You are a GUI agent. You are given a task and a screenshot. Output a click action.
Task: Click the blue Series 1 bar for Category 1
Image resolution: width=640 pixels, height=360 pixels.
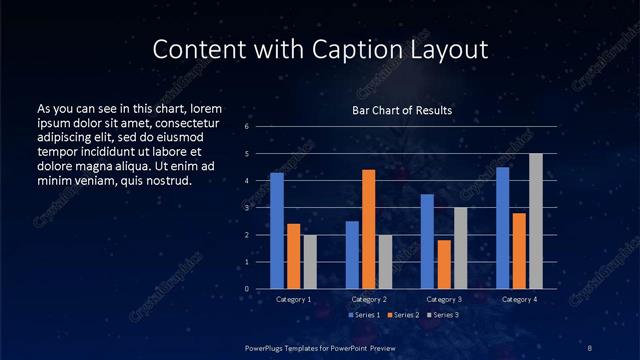tap(277, 231)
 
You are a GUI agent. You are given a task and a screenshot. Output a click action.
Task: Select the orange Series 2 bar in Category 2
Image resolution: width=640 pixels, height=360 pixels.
tap(369, 229)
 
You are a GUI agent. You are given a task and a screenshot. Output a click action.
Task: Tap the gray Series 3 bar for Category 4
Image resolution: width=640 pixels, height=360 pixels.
tap(536, 221)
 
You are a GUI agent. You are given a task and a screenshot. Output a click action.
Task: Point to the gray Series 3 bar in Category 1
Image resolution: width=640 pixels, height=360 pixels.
tap(310, 262)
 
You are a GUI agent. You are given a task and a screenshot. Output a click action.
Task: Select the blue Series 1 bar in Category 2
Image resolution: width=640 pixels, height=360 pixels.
tap(352, 255)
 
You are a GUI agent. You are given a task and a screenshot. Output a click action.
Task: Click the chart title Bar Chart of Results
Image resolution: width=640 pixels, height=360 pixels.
tap(403, 111)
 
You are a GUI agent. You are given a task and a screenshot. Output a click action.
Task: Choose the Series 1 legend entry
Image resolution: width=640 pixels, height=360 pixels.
tap(364, 315)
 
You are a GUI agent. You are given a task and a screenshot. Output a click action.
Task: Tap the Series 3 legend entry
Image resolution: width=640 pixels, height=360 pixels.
tap(443, 315)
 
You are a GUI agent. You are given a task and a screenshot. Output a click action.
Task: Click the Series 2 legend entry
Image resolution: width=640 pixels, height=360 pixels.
tap(404, 315)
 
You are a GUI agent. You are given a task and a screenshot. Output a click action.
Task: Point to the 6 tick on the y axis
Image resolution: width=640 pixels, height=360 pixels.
tap(246, 127)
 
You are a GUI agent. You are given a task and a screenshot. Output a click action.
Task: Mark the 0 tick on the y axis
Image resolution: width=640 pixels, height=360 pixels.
tap(246, 289)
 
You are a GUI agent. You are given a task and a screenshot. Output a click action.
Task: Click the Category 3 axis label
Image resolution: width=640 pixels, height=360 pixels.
tap(444, 299)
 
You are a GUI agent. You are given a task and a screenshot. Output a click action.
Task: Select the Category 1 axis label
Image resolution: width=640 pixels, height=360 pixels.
tap(294, 299)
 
